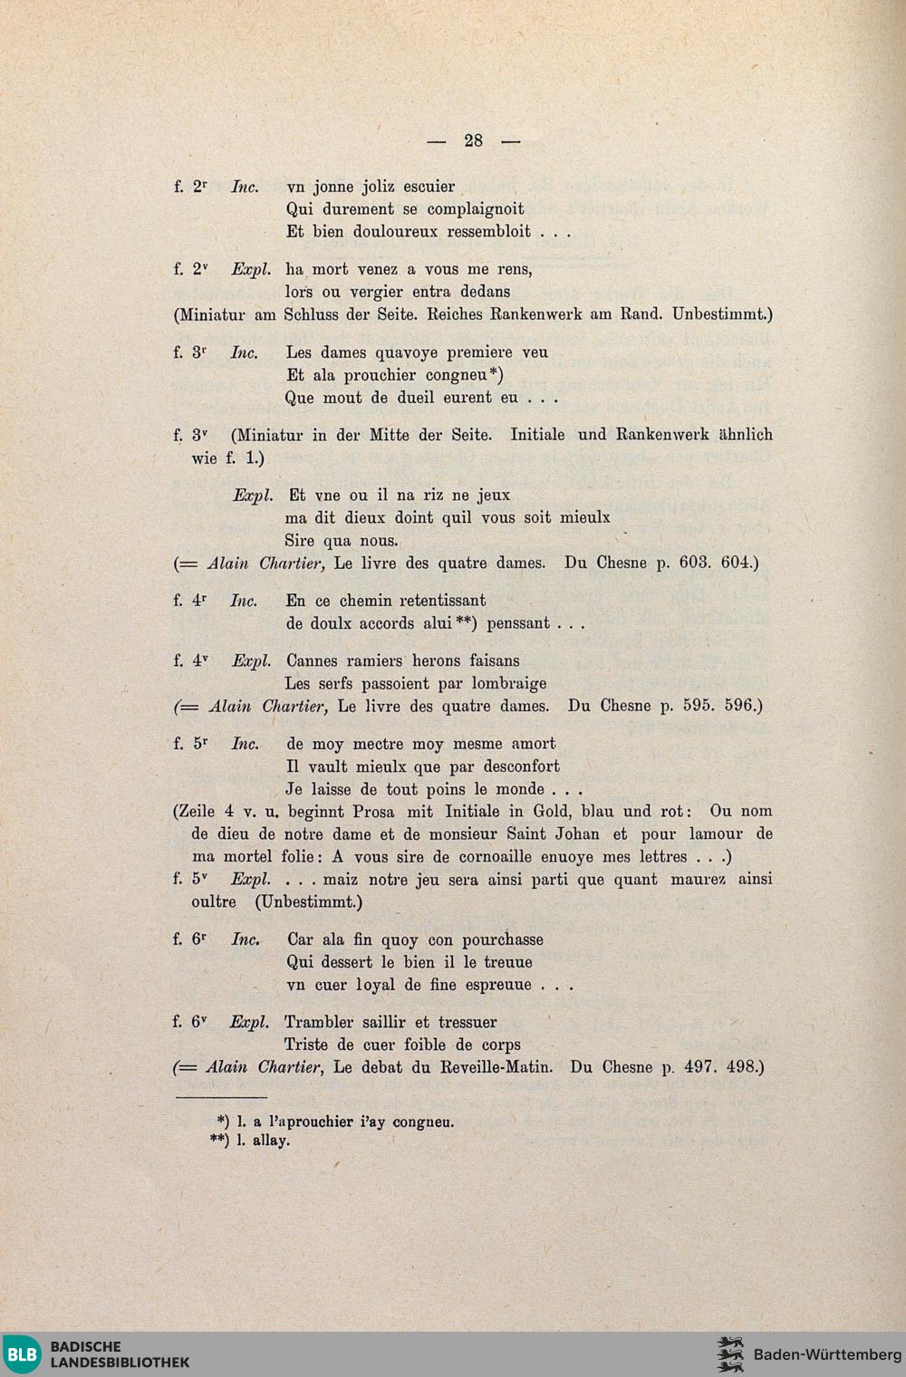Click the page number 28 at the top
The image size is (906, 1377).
(473, 140)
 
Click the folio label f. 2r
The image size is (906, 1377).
(190, 187)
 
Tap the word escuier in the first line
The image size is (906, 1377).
(429, 187)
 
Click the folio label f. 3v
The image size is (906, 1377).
(190, 435)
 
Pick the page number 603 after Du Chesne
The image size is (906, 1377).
(694, 563)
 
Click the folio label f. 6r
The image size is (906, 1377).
(190, 939)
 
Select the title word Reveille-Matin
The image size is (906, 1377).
(496, 1067)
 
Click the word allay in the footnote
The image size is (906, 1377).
(271, 1141)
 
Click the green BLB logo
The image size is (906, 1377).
(21, 1355)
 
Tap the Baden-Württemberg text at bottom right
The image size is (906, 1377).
(827, 1355)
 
